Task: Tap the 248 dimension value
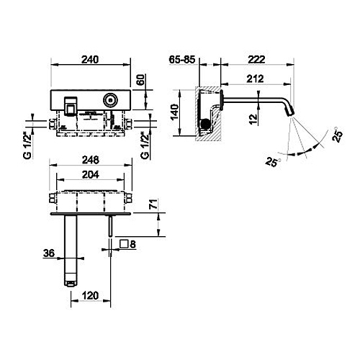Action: [x=90, y=161]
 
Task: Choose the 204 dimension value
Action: [x=90, y=174]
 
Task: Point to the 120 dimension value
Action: [x=90, y=294]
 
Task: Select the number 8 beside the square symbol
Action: [x=134, y=245]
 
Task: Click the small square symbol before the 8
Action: [x=124, y=245]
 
